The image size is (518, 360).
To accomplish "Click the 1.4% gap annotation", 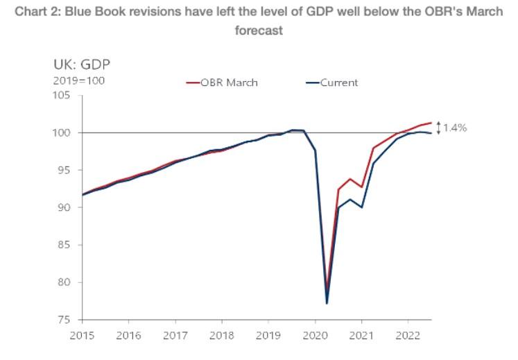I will coord(455,128).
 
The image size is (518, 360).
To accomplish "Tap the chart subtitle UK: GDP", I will coord(82,65).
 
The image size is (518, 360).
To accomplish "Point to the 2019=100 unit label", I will coord(76,81).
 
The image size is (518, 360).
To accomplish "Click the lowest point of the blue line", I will coord(327,303).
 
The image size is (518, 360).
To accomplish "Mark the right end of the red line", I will coord(431,123).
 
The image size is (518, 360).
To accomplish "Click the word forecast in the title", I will coord(259,31).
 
